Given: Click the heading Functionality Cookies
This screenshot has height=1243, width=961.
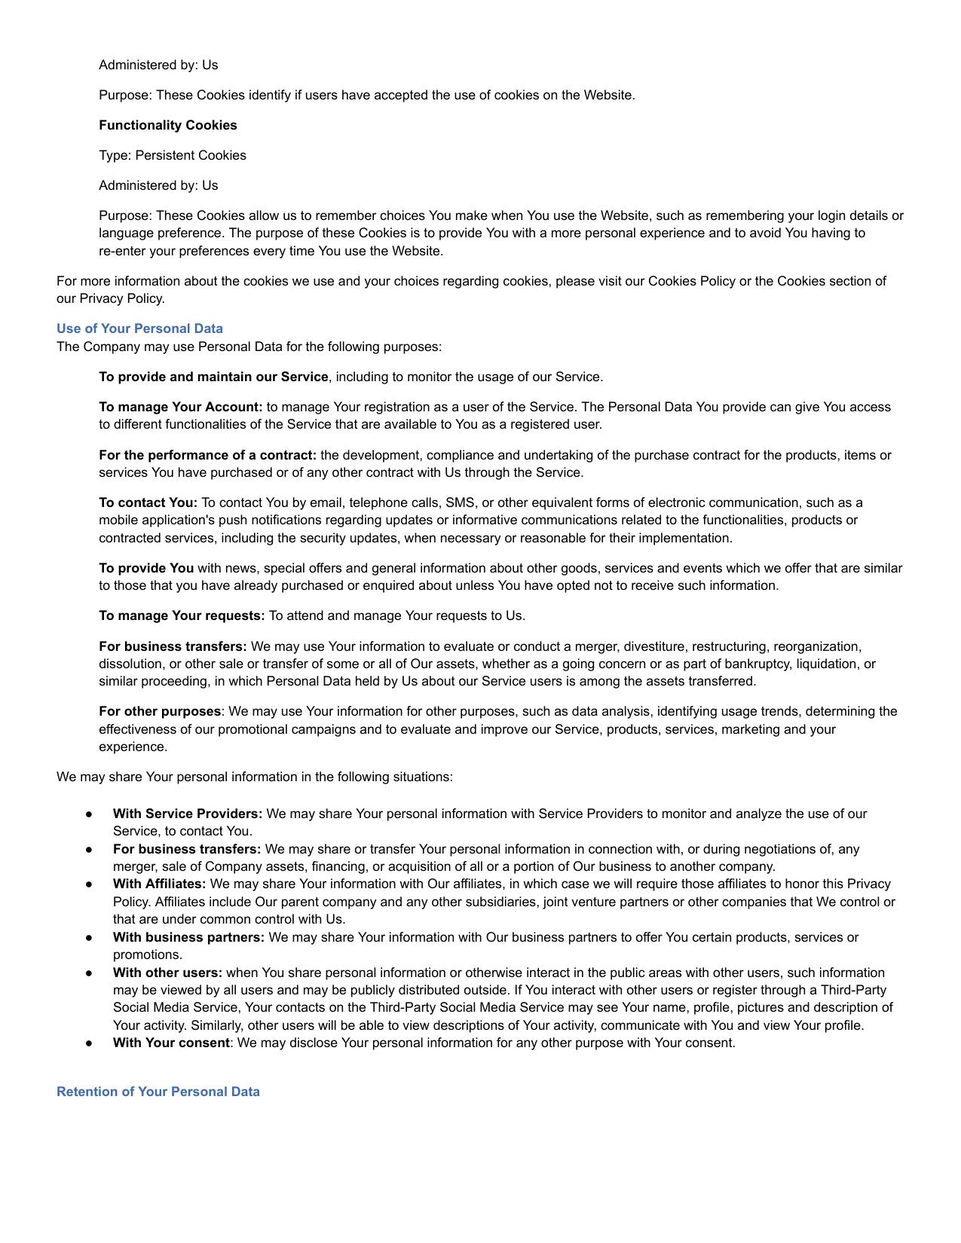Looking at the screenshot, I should tap(167, 125).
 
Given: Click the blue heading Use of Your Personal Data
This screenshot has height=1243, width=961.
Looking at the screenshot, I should tap(139, 328).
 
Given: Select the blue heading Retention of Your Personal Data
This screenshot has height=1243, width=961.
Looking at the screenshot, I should tap(158, 1092).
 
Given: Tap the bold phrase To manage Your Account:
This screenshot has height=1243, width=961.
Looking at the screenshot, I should tap(180, 407).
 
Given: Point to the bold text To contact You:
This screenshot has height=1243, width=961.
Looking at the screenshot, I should tap(148, 502).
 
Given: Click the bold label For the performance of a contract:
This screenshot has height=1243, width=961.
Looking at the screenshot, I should tap(207, 455).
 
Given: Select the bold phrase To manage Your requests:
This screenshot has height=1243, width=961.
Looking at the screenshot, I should tap(182, 615).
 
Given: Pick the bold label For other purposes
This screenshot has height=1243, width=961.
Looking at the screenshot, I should tap(160, 711).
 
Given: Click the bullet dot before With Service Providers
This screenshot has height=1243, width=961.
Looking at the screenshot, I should tap(89, 814).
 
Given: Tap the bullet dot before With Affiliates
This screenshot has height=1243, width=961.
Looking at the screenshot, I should tap(89, 884).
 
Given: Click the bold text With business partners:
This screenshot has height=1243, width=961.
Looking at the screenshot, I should tap(188, 937).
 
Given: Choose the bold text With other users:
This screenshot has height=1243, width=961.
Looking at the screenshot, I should tap(167, 973).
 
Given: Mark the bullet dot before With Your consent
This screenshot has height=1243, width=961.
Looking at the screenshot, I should tap(89, 1043).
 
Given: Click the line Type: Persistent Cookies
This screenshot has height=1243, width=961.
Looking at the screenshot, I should tap(172, 155).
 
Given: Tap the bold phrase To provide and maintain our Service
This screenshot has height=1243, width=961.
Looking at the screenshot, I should tap(213, 377).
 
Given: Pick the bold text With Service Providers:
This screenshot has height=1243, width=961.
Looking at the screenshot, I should tap(188, 814).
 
